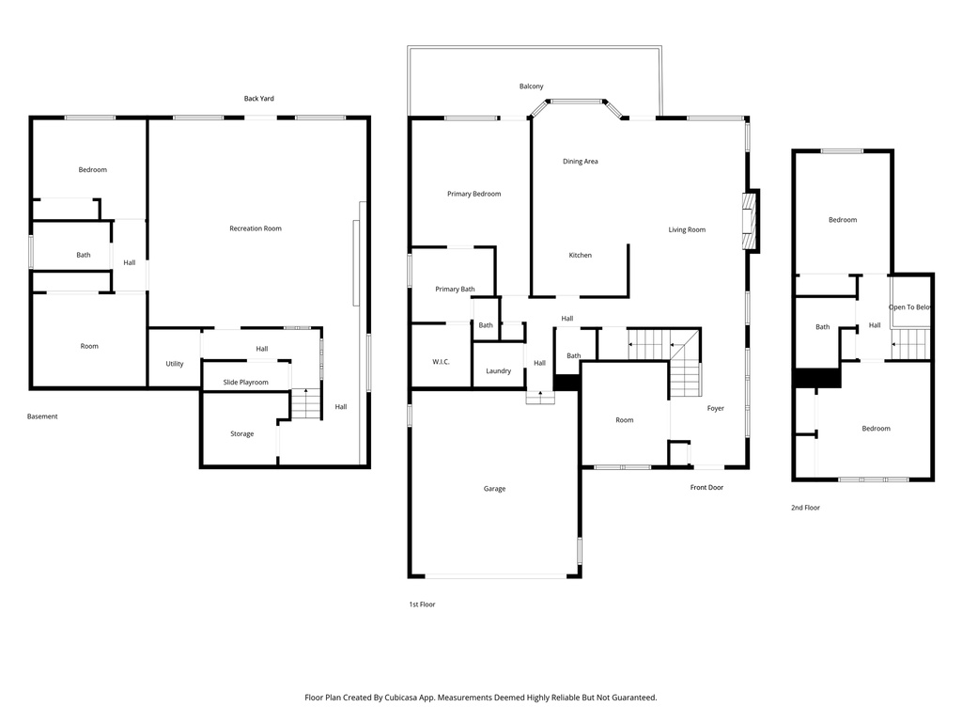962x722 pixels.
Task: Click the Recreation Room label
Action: (x=256, y=228)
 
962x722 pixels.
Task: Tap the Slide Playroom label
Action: (x=245, y=383)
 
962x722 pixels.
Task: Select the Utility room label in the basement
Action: (x=175, y=364)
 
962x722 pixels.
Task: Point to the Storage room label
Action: (x=242, y=433)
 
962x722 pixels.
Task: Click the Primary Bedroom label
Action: (x=473, y=194)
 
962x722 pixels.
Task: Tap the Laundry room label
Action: (x=498, y=370)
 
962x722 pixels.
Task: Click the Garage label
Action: (x=494, y=488)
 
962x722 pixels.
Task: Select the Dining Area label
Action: (x=580, y=162)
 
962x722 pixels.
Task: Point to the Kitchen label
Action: (x=580, y=255)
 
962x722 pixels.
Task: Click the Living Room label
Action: (x=687, y=229)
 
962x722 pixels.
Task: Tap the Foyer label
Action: (x=716, y=408)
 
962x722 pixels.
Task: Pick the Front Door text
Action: (x=706, y=487)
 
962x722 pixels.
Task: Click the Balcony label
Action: (x=531, y=86)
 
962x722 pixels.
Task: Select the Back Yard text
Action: (x=259, y=98)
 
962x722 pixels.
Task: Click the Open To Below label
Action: (x=910, y=306)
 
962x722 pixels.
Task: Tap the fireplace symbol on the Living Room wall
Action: (x=750, y=221)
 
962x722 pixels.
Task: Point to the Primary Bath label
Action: (x=455, y=289)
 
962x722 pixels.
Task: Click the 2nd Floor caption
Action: (x=805, y=508)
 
